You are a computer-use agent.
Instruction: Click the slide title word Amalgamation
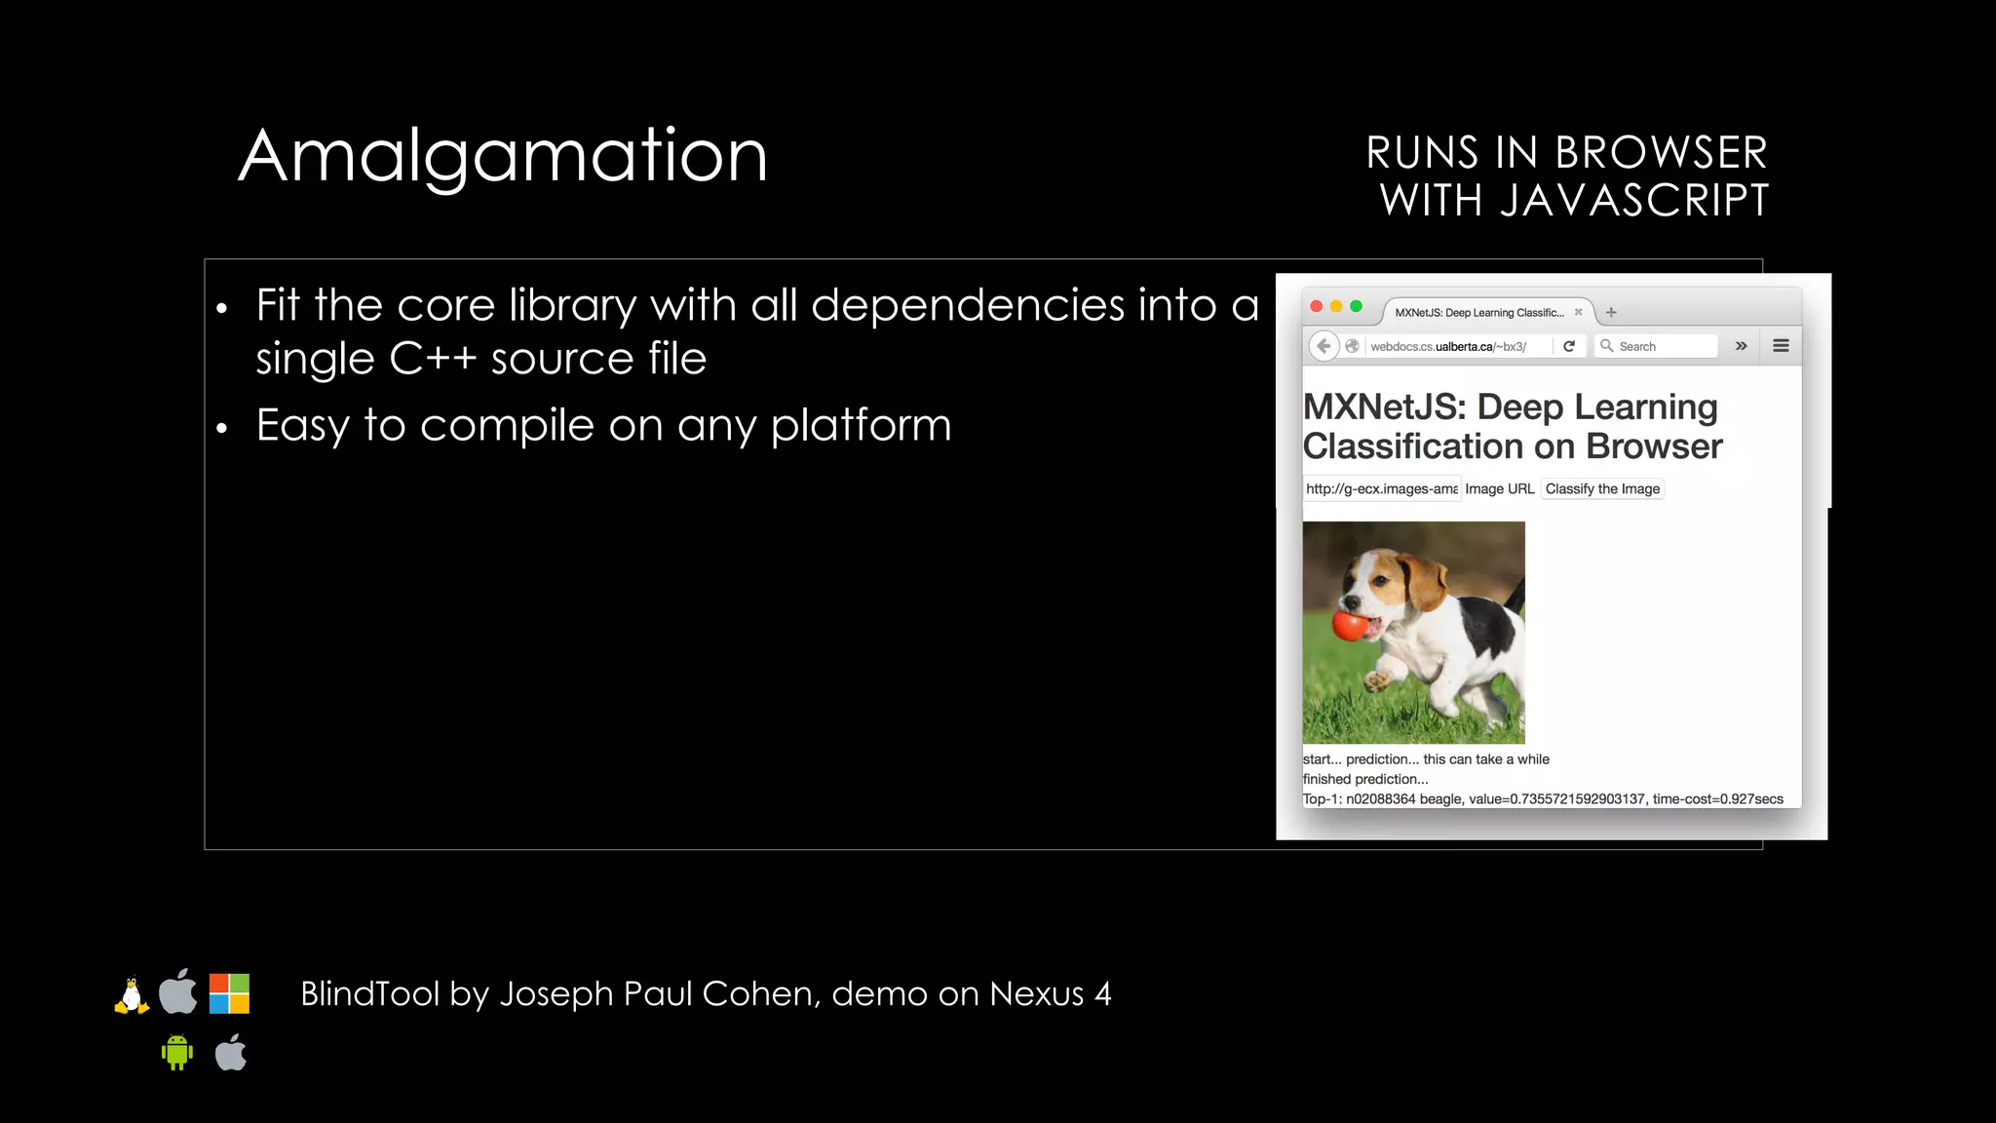coord(503,156)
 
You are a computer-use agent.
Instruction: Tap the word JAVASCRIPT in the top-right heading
coord(1633,201)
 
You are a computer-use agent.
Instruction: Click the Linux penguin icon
coord(132,995)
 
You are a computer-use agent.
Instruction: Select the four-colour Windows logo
coord(229,993)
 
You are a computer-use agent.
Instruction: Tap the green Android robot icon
coord(176,1053)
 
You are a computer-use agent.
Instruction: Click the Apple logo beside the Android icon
coord(231,1053)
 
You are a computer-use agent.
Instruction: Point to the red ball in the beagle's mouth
coord(1350,625)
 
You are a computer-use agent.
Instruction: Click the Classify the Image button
coord(1602,488)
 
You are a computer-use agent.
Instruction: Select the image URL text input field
coord(1382,488)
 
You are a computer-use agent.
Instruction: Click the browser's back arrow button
coord(1324,346)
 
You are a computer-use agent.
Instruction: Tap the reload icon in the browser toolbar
coord(1569,346)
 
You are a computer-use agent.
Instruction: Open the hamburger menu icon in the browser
coord(1781,346)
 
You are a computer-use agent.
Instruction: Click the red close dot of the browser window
coord(1317,307)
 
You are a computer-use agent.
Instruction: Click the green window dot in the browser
coord(1356,307)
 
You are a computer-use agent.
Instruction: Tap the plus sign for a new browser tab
coord(1612,313)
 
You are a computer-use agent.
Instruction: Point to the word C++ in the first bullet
coord(433,359)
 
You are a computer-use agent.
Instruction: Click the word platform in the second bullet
coord(861,426)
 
